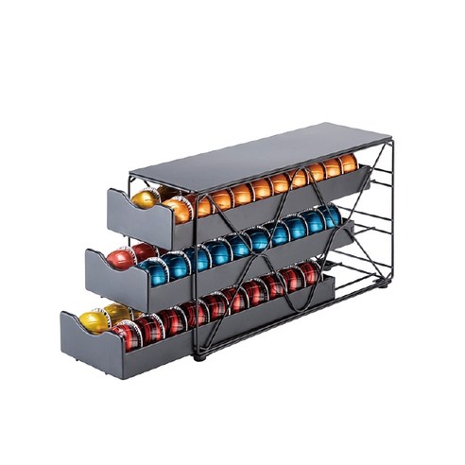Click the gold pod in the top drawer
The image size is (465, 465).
point(145,198)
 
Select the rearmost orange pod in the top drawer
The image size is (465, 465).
point(348,163)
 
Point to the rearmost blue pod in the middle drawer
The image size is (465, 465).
point(330,215)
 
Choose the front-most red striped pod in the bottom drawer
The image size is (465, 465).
point(126,334)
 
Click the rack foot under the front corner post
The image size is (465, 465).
point(198,356)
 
